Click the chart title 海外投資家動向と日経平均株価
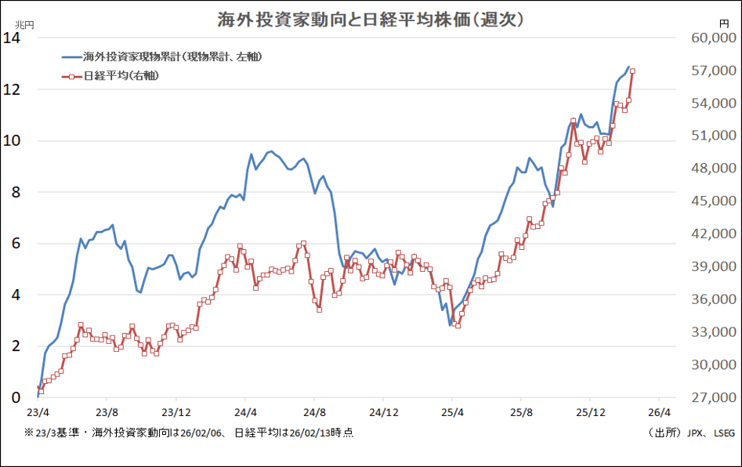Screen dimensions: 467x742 coord(371,19)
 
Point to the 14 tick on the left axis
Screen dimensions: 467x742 coord(13,38)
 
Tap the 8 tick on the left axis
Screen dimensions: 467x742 coord(16,192)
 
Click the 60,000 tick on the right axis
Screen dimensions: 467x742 coord(712,38)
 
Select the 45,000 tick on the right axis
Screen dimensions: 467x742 coord(712,201)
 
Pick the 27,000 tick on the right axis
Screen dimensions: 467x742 coord(712,398)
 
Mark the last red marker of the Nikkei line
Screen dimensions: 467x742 coord(632,71)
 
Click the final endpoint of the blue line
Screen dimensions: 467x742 coord(628,67)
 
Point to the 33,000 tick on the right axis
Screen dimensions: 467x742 coord(712,332)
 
